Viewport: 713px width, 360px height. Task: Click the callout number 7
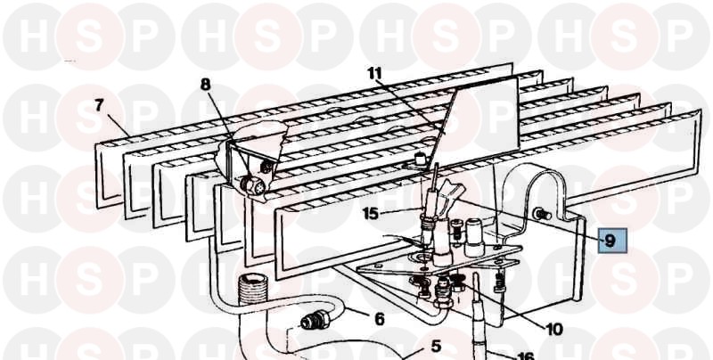[100, 105]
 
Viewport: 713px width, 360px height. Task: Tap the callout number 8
[206, 85]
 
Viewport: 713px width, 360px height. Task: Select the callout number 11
[375, 74]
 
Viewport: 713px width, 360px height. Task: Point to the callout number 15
[371, 213]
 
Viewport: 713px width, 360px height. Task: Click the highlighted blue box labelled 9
[612, 241]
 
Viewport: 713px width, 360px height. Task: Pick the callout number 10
[553, 329]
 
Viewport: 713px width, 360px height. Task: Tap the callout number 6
[380, 319]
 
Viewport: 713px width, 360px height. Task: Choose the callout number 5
[436, 347]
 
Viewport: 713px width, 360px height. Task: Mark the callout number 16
[525, 356]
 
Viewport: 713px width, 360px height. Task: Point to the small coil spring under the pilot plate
[499, 282]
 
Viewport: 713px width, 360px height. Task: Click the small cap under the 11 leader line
[420, 160]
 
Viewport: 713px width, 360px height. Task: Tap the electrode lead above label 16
[479, 313]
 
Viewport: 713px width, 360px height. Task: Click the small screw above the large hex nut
[266, 168]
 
